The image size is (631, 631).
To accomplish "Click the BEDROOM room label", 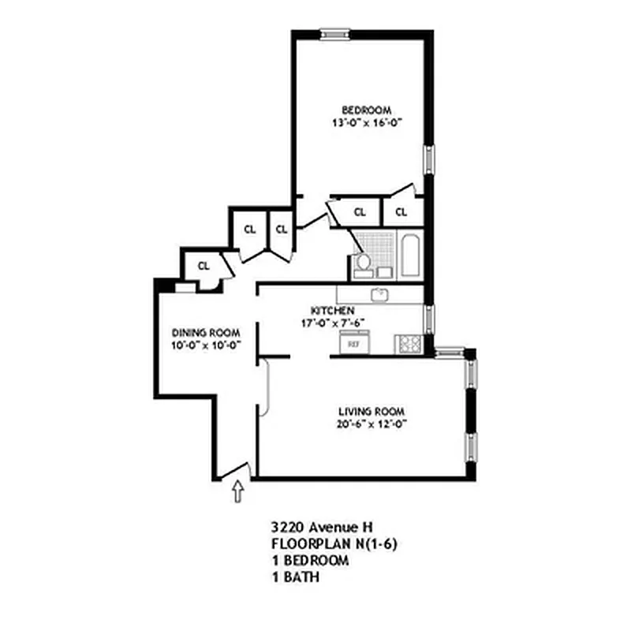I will pos(365,110).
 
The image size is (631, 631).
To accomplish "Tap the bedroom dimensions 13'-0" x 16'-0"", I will pos(365,123).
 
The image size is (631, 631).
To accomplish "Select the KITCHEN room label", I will pos(332,310).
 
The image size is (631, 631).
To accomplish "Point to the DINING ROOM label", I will pos(206,333).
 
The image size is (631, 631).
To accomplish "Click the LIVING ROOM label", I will pos(372,412).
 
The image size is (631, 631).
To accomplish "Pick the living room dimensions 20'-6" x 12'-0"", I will pos(372,425).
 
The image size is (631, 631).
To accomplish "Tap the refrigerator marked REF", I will pos(349,343).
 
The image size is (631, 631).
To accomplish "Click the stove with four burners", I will pos(408,343).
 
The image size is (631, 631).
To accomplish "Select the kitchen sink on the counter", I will pos(380,294).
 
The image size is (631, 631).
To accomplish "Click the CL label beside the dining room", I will pos(203,266).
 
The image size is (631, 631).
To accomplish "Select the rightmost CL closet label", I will pos(401,211).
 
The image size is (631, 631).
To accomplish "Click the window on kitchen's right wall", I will pos(428,320).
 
